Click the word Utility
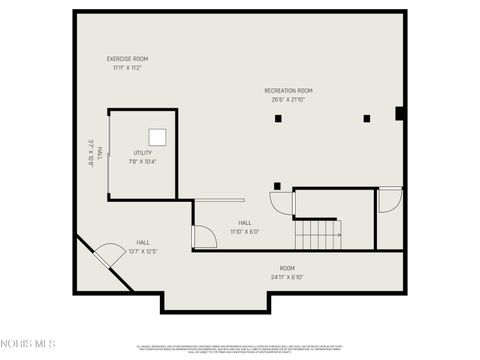(142, 153)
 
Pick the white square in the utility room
(157, 136)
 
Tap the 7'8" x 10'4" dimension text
(142, 161)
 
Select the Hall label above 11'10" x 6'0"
(245, 223)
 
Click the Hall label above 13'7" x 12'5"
(143, 243)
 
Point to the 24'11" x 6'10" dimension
(287, 277)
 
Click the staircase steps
(319, 234)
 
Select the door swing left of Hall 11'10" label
(202, 237)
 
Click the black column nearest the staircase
(277, 185)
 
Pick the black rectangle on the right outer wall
(399, 114)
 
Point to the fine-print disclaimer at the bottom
(240, 348)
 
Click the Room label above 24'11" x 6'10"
(287, 268)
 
